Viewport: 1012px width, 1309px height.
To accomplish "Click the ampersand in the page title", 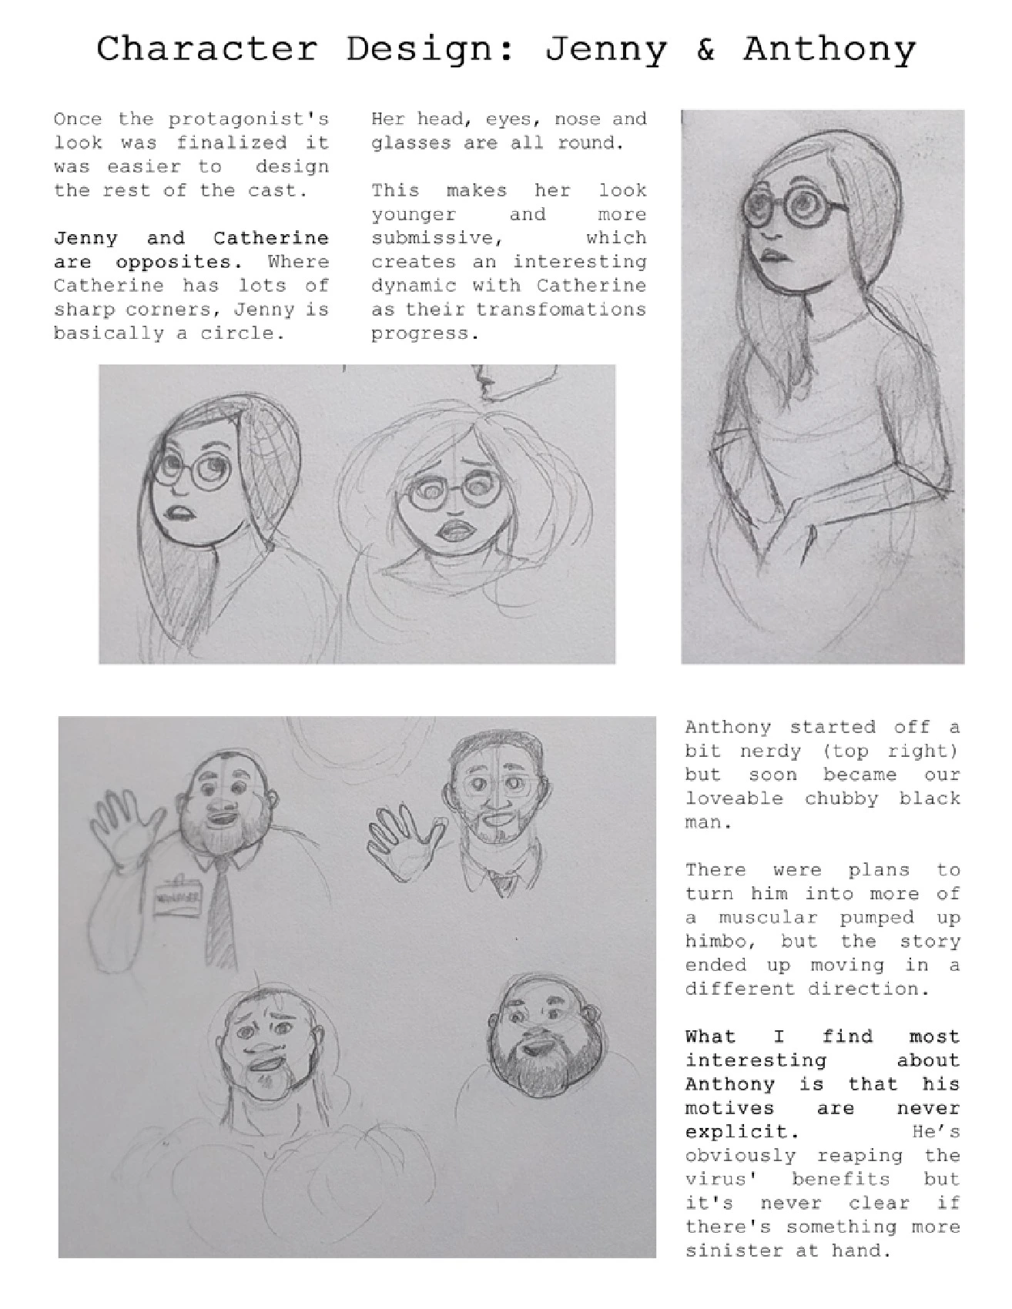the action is (705, 49).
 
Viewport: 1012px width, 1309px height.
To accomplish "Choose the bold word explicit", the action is (737, 1133).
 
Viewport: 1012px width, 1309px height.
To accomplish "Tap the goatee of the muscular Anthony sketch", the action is (269, 1078).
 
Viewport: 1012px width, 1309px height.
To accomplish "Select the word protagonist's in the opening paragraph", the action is (249, 119).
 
